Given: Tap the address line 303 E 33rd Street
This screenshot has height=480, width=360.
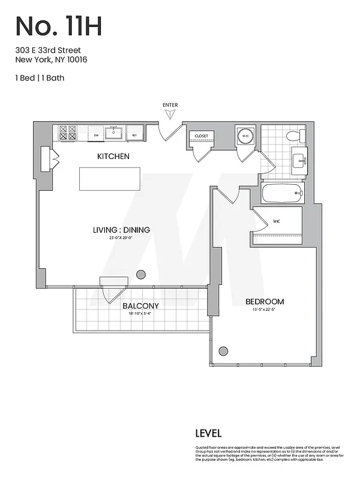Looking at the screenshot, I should (48, 50).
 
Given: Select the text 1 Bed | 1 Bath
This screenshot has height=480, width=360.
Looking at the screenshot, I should (40, 78).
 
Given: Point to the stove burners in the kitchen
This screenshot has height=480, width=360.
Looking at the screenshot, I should (68, 133).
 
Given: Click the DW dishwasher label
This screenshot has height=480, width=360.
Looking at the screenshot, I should (96, 136).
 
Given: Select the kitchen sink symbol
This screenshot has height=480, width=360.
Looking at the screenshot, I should (114, 133).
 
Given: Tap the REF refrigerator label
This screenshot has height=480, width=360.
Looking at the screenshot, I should (135, 136).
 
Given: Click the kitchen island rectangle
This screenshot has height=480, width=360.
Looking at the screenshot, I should (110, 179).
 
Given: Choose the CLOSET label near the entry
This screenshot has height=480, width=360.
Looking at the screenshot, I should (202, 136).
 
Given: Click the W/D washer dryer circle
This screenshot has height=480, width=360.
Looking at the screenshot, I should (245, 136).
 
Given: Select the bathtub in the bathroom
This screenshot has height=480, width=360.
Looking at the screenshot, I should (282, 193).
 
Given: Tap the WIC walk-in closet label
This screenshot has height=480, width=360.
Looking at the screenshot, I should (277, 221).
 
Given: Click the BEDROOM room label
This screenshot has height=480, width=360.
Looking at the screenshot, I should (265, 302).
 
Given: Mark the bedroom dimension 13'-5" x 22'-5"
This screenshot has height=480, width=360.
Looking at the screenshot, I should (265, 310).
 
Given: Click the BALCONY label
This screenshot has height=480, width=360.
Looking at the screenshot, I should (140, 305).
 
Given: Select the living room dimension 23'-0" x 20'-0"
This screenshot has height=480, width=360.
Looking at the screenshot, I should (121, 238).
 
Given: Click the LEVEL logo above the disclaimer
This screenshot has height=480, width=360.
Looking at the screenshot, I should (208, 433).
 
